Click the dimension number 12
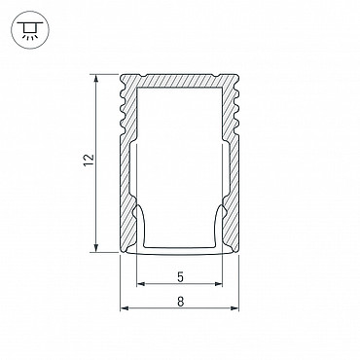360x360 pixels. coord(89,161)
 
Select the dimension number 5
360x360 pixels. coord(181,277)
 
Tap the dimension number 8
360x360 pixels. coord(181,302)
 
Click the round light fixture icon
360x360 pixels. coord(30,30)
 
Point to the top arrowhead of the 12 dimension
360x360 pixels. coord(96,79)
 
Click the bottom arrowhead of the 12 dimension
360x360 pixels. coord(96,247)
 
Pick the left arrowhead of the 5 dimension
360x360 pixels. coord(140,284)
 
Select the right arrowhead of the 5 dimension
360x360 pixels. coord(218,284)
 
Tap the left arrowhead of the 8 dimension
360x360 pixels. coord(125,308)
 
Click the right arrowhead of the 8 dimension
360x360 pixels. coord(234,308)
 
